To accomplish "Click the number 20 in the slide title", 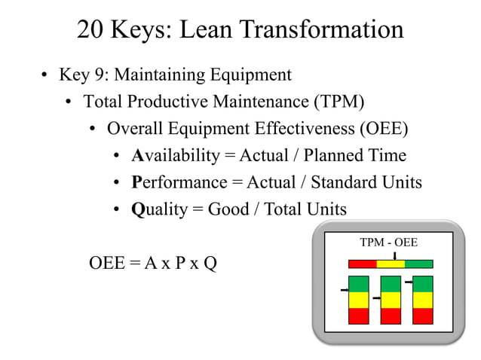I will pyautogui.click(x=93, y=29).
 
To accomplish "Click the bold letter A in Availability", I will pyautogui.click(x=137, y=156).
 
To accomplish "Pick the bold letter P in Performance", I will pyautogui.click(x=136, y=182).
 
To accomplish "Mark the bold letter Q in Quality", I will pyautogui.click(x=137, y=209).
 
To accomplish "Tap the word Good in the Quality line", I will pyautogui.click(x=228, y=209).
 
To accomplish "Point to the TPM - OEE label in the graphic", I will pyautogui.click(x=388, y=243).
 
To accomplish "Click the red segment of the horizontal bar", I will pyautogui.click(x=362, y=264).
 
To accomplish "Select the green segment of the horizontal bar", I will pyautogui.click(x=419, y=264).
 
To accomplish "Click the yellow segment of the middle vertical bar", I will pyautogui.click(x=391, y=300).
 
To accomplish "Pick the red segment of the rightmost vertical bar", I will pyautogui.click(x=423, y=316).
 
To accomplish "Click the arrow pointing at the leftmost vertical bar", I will pyautogui.click(x=344, y=289).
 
